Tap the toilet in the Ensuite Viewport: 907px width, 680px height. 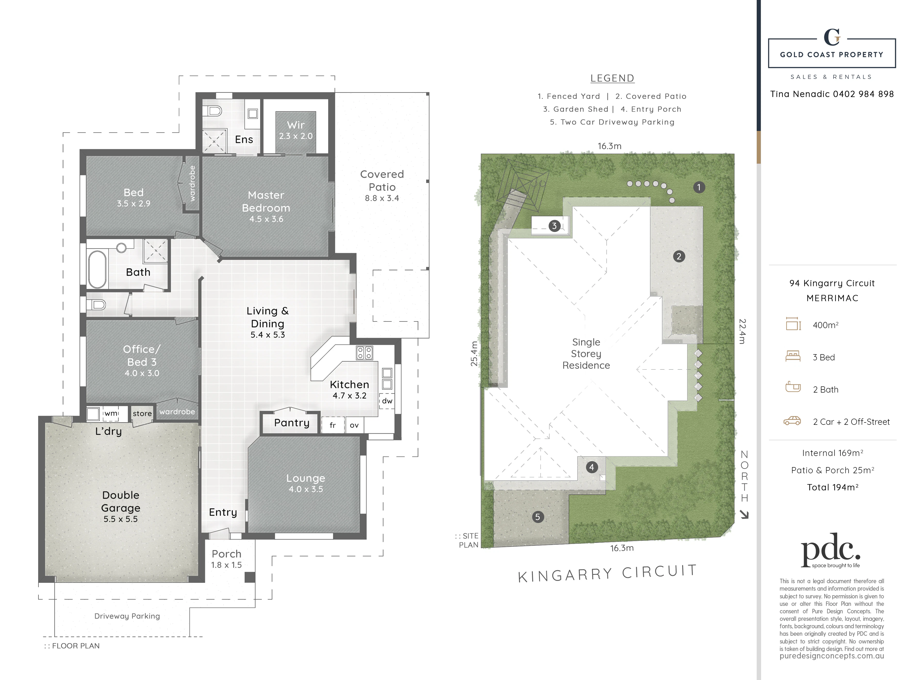point(214,111)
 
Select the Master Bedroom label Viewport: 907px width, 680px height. point(266,201)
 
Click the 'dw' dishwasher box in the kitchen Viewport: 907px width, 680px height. point(387,401)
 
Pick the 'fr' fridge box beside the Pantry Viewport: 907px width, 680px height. point(333,425)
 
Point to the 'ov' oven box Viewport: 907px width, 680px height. point(354,425)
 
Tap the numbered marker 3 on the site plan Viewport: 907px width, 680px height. point(554,226)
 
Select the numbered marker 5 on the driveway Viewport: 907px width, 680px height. point(538,517)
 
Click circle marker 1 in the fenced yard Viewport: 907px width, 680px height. point(699,187)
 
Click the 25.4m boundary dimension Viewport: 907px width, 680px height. point(474,353)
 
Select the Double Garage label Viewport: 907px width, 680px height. point(121,501)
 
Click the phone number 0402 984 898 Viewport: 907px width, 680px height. point(863,94)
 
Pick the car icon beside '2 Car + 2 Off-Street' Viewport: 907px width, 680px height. point(792,421)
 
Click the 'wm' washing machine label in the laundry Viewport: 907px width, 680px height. point(111,413)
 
